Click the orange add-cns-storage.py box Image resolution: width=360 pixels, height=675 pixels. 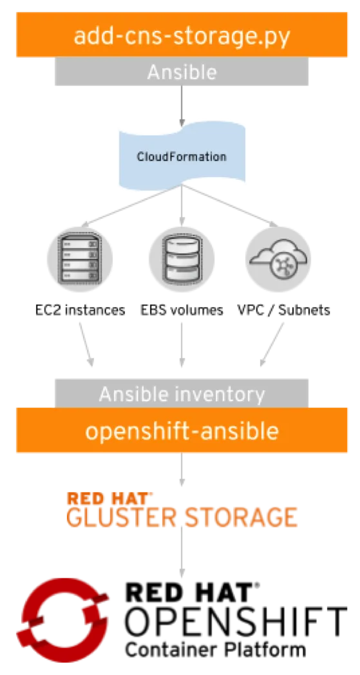[x=182, y=34]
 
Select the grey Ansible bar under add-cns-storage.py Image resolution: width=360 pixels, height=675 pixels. [x=182, y=71]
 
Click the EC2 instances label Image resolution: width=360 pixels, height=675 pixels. [x=80, y=310]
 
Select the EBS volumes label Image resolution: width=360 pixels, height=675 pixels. [x=182, y=310]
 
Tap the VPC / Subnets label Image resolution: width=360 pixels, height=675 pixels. [x=284, y=310]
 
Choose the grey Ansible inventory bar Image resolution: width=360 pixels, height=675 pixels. [x=182, y=393]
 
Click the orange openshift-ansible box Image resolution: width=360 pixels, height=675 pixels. [x=182, y=430]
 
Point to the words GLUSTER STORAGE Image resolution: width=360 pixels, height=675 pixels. [x=182, y=517]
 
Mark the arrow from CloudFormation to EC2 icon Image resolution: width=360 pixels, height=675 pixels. [x=132, y=205]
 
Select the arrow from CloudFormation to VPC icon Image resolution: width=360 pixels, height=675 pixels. [x=230, y=205]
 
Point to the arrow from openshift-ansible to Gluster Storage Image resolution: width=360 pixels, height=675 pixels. [x=182, y=468]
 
